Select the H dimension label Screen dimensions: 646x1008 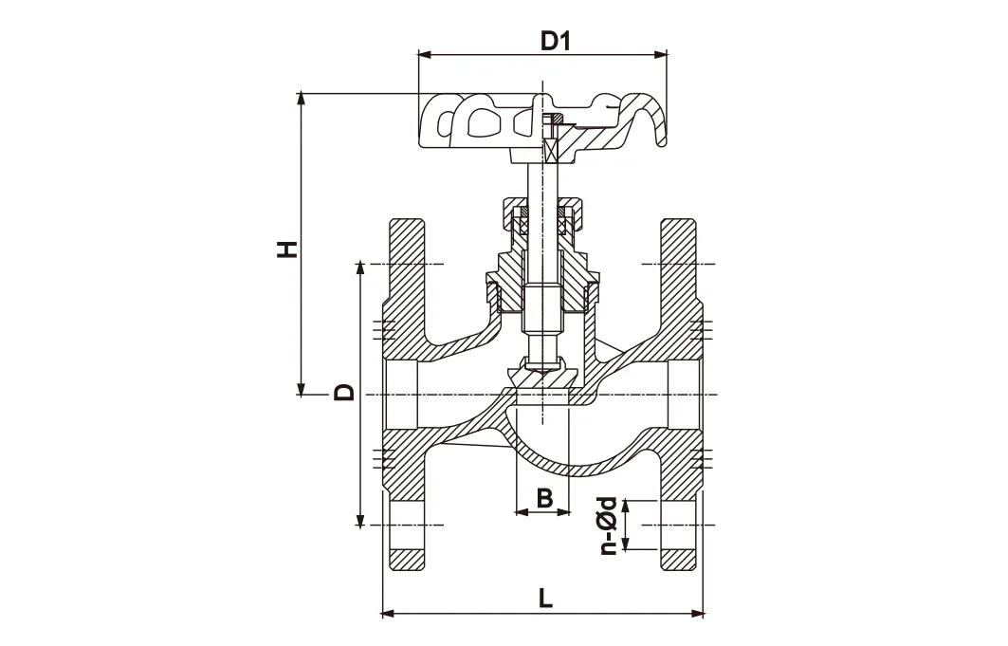pos(285,249)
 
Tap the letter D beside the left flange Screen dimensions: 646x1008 pos(343,392)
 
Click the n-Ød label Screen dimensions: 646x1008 pos(610,524)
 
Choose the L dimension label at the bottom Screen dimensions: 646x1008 pos(544,598)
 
